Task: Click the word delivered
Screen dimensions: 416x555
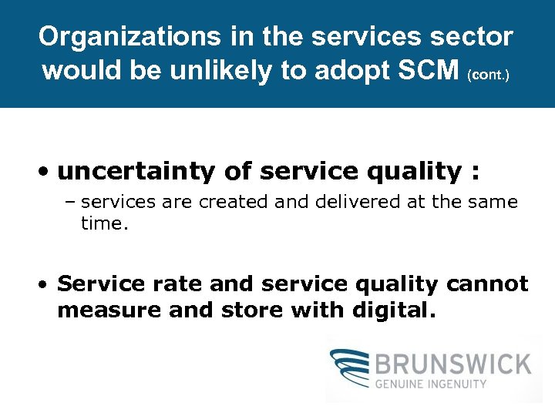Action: (x=348, y=202)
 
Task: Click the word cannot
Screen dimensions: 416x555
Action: (x=487, y=283)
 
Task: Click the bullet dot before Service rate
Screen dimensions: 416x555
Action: (x=45, y=284)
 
